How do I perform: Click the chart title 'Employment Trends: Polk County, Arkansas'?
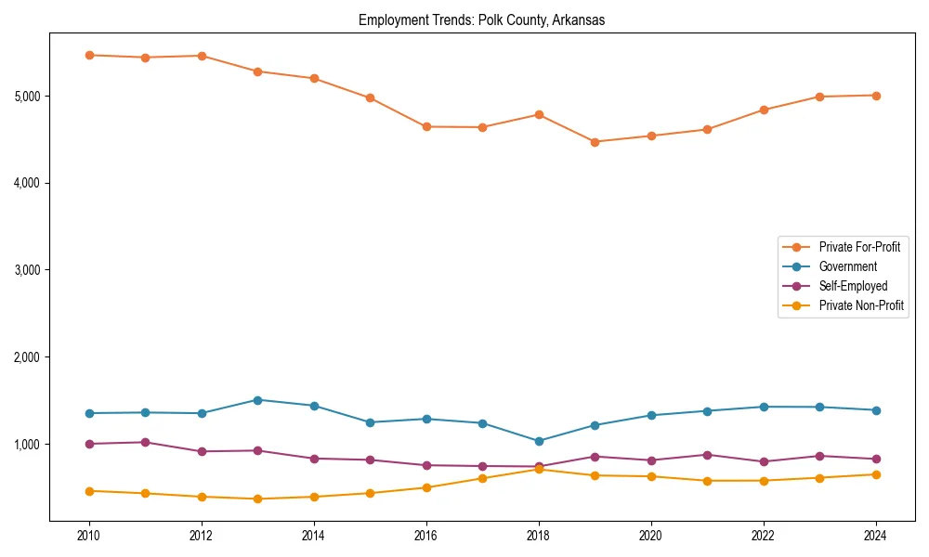(481, 20)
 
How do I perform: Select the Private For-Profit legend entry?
(859, 247)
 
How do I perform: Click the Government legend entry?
(847, 266)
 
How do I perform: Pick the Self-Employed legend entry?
(853, 286)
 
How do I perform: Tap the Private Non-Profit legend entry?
(861, 305)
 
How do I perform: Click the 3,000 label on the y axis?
(28, 270)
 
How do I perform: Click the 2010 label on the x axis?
(89, 536)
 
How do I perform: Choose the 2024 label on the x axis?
(875, 536)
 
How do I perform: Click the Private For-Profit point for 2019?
(595, 142)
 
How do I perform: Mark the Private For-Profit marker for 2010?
(89, 55)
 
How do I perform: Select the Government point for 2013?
(257, 400)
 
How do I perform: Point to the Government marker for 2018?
(538, 441)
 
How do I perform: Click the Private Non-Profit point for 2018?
(538, 469)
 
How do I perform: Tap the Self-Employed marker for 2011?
(145, 442)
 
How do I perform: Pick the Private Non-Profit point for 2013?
(257, 499)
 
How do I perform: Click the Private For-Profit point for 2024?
(875, 96)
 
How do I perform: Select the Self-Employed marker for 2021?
(707, 455)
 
